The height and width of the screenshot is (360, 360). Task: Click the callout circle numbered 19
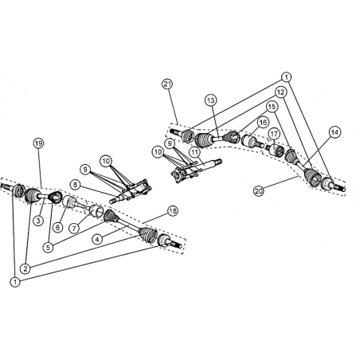point(38,143)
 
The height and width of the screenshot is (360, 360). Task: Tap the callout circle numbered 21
point(167,84)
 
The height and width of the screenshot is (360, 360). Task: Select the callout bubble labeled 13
point(210,100)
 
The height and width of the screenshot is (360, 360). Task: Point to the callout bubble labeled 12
point(280,92)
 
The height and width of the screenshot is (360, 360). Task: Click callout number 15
point(272,107)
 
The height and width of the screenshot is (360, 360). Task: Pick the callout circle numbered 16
point(263,123)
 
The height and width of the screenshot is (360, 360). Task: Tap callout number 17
point(274,134)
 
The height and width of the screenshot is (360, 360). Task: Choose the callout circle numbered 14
point(335,132)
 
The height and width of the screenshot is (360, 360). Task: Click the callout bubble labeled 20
point(259,191)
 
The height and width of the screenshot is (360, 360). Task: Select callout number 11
point(194,152)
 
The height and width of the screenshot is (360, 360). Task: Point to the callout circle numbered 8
point(76,185)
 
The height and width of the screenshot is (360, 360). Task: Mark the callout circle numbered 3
point(38,221)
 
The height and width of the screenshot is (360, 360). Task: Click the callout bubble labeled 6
point(57,227)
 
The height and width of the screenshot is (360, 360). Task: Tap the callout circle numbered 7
point(74,228)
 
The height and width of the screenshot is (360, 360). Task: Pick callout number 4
point(97,239)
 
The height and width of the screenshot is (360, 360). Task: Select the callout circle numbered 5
point(48,248)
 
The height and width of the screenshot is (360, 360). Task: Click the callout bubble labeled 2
point(25,268)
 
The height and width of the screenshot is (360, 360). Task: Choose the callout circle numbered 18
point(173,211)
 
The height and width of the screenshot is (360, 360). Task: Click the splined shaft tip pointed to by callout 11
point(218,161)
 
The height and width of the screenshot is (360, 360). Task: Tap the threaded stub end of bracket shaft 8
point(113,201)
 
